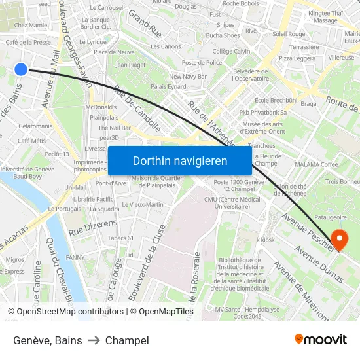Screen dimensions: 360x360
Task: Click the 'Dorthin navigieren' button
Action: click(180, 161)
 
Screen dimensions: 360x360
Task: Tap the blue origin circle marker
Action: click(21, 69)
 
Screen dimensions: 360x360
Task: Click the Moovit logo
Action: click(321, 339)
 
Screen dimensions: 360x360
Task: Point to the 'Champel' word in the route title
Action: click(127, 340)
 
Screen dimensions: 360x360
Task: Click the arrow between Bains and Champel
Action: click(94, 340)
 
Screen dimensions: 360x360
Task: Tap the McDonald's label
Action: click(101, 107)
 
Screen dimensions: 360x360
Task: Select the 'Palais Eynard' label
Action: click(168, 86)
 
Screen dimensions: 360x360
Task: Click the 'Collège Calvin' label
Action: click(231, 51)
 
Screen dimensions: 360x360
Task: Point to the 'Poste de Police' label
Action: click(202, 63)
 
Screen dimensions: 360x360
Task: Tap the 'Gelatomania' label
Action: click(36, 126)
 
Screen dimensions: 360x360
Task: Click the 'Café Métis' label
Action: click(31, 141)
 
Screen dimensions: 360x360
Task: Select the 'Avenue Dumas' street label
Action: click(318, 264)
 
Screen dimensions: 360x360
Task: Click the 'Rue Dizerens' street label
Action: click(92, 227)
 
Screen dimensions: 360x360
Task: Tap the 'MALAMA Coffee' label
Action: click(316, 164)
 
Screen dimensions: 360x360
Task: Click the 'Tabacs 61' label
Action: click(120, 238)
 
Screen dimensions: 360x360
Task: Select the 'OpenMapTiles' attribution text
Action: click(164, 312)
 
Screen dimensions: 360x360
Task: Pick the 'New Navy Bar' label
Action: click(188, 77)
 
